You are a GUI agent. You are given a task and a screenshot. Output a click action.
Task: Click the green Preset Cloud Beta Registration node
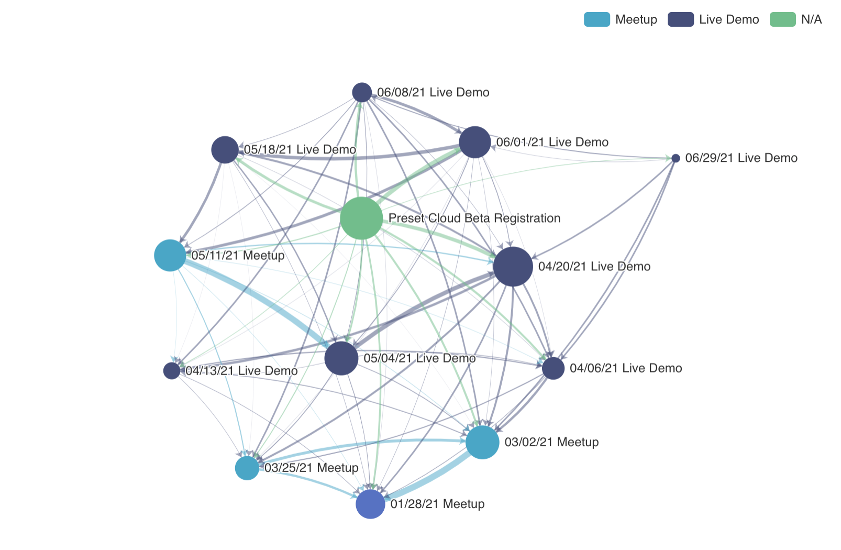click(361, 218)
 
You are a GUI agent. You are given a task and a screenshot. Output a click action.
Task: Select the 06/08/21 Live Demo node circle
click(362, 93)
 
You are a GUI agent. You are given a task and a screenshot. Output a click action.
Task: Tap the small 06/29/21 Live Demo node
click(676, 158)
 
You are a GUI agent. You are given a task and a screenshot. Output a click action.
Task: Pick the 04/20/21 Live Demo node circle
click(513, 267)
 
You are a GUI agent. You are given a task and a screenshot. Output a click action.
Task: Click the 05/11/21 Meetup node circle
click(170, 256)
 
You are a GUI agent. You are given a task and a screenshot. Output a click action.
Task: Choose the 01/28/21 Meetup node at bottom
click(370, 504)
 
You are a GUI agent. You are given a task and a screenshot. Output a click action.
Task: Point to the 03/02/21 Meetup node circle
click(482, 442)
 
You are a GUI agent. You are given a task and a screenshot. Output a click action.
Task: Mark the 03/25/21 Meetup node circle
click(247, 468)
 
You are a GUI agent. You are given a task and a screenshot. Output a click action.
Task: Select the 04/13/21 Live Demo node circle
click(172, 371)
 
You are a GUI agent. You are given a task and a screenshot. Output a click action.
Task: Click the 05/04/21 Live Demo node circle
click(341, 358)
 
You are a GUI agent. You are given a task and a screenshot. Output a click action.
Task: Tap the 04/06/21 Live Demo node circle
click(553, 368)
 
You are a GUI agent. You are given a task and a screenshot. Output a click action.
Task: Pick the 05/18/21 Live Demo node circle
click(225, 150)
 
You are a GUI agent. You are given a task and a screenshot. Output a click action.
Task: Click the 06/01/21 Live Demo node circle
click(475, 142)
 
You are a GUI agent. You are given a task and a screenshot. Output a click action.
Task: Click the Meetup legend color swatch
click(597, 19)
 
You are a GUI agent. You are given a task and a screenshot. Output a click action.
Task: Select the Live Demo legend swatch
click(681, 19)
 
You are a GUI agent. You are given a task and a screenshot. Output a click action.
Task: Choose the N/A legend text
click(811, 19)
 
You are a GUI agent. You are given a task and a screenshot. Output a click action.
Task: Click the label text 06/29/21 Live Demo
click(741, 158)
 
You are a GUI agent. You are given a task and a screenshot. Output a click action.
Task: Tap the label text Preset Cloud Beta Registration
click(474, 218)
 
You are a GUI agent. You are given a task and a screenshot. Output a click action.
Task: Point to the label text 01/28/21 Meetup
click(437, 504)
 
